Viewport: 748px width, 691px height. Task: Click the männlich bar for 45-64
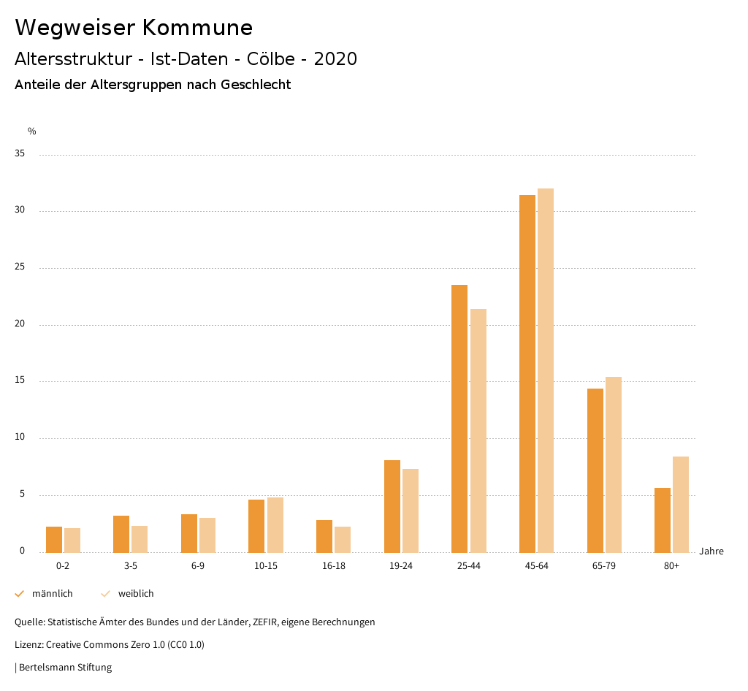527,373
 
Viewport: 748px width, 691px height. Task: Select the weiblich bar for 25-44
478,430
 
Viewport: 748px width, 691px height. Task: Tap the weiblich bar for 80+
681,504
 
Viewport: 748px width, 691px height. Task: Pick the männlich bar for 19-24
392,505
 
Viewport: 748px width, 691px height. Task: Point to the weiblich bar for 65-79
614,464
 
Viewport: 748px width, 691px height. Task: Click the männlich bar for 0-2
54,539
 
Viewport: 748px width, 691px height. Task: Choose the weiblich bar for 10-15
275,524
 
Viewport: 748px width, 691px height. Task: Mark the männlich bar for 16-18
324,535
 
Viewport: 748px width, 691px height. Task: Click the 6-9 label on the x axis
198,566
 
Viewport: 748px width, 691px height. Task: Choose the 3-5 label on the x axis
131,566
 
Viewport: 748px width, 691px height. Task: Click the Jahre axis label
711,551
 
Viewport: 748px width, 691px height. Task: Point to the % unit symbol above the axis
32,131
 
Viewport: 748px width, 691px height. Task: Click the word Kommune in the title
197,28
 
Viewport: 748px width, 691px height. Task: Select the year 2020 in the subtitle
335,59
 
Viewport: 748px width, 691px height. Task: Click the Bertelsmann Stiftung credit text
65,667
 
